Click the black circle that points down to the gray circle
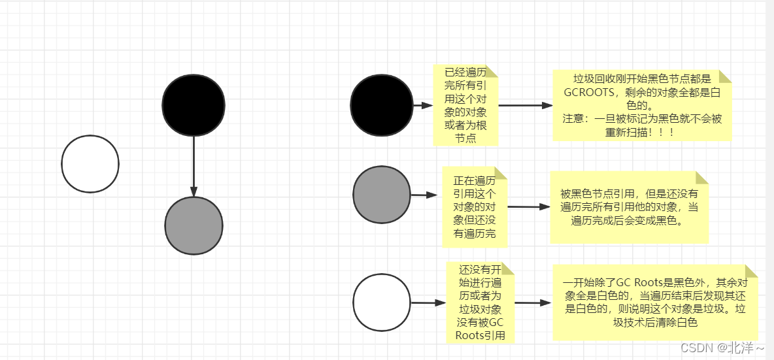[193, 106]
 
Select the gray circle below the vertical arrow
[194, 225]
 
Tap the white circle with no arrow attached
[90, 164]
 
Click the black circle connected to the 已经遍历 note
[382, 105]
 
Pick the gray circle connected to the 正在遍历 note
[382, 195]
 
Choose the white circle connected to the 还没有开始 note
[382, 303]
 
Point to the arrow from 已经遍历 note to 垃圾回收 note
[525, 105]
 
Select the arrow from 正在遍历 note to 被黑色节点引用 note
[528, 206]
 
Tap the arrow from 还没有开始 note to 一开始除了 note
[533, 303]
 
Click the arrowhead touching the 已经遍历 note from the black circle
[428, 105]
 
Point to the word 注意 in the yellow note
[575, 120]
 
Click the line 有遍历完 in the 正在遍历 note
[474, 234]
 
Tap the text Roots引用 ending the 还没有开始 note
[480, 336]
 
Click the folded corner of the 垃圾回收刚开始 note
[724, 76]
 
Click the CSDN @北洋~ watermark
[722, 348]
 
